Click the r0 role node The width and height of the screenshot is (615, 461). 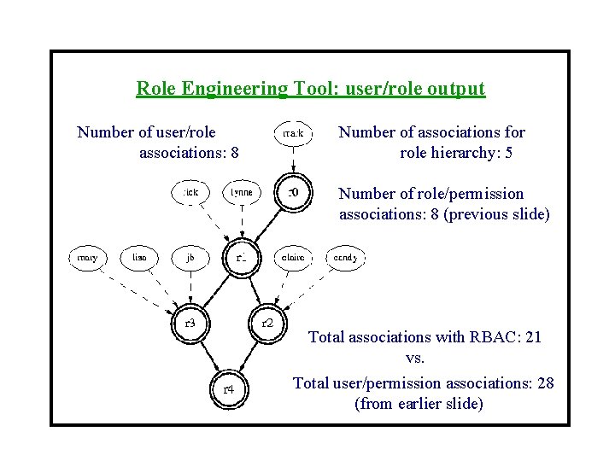click(293, 192)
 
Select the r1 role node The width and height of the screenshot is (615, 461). click(242, 257)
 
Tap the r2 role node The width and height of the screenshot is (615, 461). click(267, 322)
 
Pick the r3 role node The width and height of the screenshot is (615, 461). click(190, 323)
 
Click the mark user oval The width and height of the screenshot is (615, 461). click(293, 132)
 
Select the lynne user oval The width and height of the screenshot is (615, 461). click(242, 192)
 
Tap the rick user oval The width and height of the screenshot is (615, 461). click(190, 192)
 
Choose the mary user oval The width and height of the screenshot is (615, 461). click(87, 256)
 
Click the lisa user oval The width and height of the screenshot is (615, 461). click(138, 256)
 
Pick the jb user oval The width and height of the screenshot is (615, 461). click(190, 256)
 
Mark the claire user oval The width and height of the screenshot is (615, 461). click(293, 256)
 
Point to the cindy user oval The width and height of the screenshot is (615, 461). click(345, 256)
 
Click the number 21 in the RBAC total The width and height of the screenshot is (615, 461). click(533, 337)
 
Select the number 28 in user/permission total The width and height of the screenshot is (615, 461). click(545, 383)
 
